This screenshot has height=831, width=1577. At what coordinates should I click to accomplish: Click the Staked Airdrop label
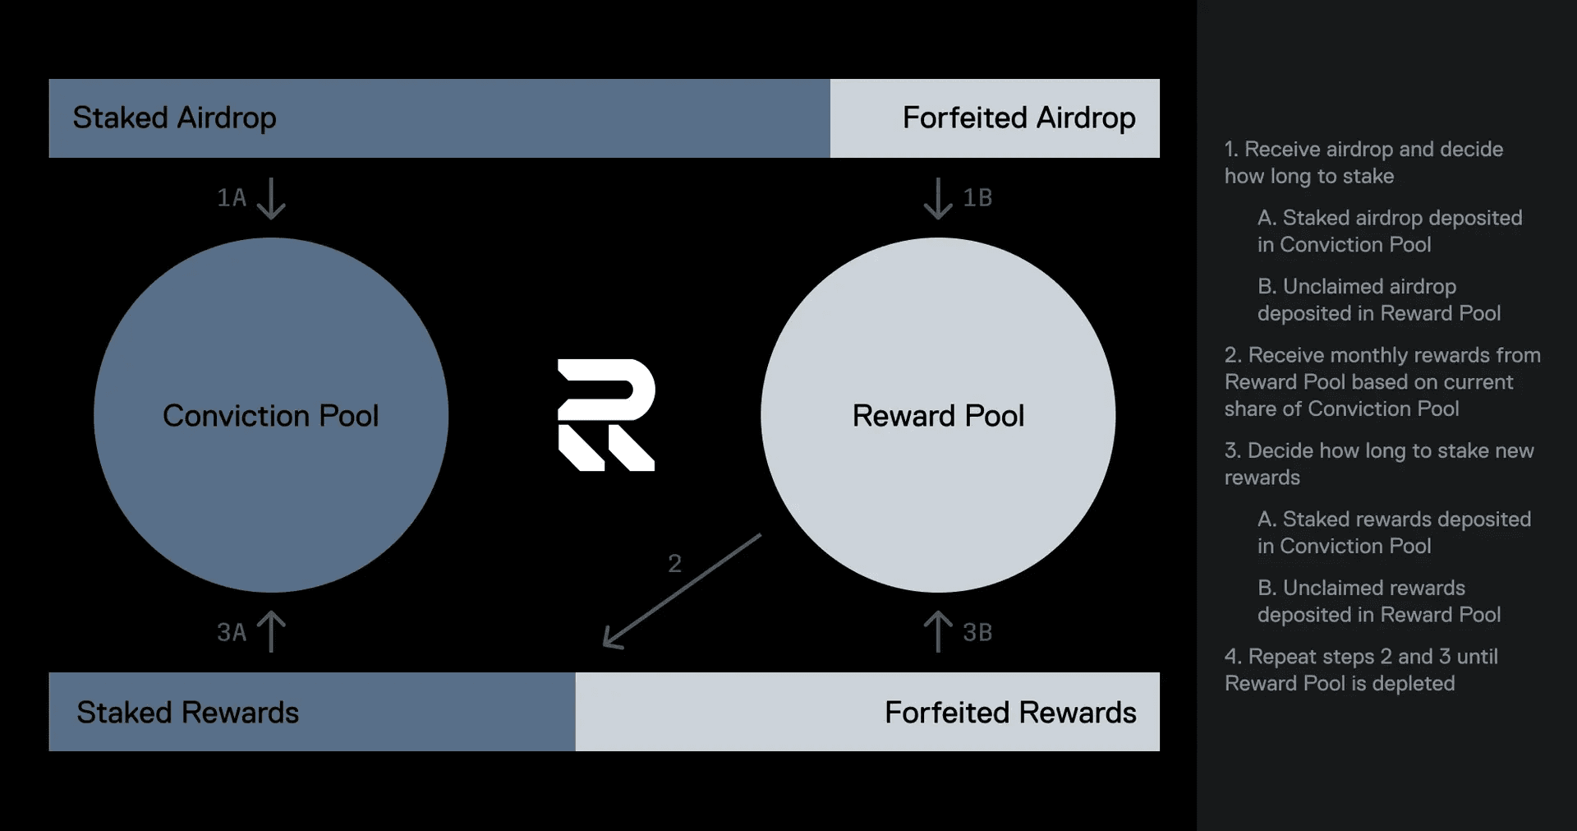click(174, 118)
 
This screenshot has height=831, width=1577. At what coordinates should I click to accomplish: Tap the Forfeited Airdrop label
click(1018, 118)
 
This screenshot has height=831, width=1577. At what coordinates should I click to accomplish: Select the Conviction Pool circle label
click(270, 416)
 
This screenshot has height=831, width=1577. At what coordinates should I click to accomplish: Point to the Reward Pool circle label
click(938, 416)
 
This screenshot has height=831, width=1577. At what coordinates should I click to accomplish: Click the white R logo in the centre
click(606, 415)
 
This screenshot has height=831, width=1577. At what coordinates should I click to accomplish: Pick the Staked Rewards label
click(187, 713)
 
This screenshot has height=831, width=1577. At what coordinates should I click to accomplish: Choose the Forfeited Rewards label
click(1010, 713)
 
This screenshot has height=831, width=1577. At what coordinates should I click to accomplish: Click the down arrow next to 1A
click(271, 199)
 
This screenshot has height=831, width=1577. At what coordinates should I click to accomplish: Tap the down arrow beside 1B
click(938, 199)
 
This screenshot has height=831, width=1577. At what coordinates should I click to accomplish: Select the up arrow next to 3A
click(271, 631)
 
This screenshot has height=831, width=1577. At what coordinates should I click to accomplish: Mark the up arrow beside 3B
click(938, 631)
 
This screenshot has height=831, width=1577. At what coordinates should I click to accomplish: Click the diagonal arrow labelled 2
click(682, 592)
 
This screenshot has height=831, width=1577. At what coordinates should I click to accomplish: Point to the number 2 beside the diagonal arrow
click(674, 564)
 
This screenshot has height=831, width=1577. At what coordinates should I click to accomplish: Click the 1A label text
click(232, 198)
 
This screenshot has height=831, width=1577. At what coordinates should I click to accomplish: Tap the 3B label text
click(977, 632)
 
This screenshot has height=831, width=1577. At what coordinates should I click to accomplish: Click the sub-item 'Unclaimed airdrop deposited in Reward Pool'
click(1379, 300)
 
